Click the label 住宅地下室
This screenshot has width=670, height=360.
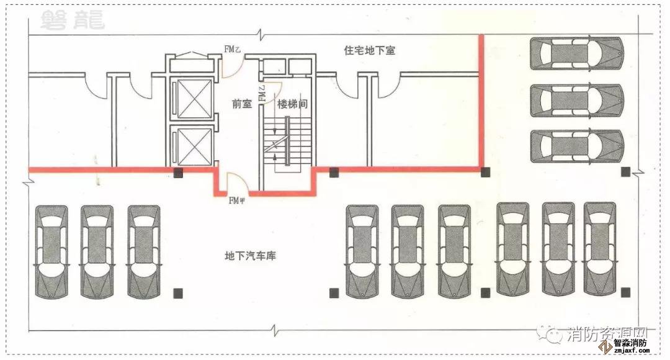pyautogui.click(x=369, y=50)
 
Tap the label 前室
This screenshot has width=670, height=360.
pyautogui.click(x=242, y=104)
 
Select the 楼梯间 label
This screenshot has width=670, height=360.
pyautogui.click(x=293, y=104)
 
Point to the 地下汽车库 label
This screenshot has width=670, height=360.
pyautogui.click(x=250, y=256)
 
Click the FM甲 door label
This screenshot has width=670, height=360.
pyautogui.click(x=238, y=200)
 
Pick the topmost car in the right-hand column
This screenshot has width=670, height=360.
pyautogui.click(x=576, y=53)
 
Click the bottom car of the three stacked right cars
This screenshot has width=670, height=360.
pyautogui.click(x=576, y=146)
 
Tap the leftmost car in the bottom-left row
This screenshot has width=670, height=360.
pyautogui.click(x=51, y=252)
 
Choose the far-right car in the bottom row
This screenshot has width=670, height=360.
pyautogui.click(x=600, y=248)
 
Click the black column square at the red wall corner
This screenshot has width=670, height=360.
pyautogui.click(x=486, y=172)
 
